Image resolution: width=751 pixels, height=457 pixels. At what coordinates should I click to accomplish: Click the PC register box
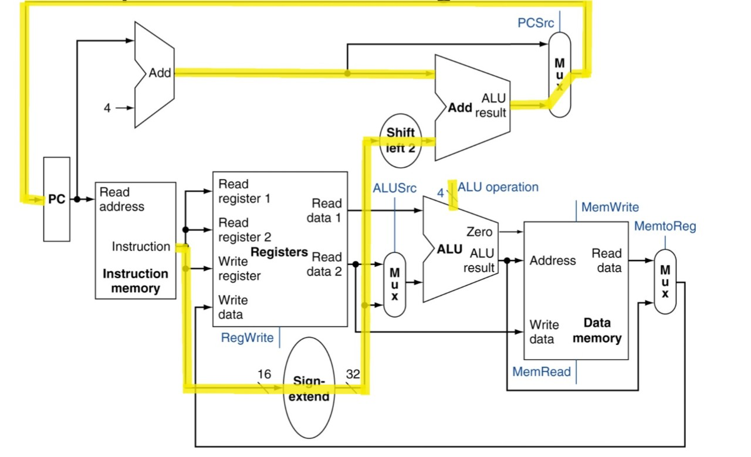[x=57, y=199]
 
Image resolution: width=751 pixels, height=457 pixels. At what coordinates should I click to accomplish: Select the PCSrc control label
[x=536, y=23]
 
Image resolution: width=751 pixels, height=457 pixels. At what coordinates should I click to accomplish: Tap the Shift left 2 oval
[x=400, y=140]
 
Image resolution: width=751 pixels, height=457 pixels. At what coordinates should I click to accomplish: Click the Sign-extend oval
[x=309, y=388]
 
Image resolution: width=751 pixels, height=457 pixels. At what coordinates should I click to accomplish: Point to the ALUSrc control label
[x=395, y=188]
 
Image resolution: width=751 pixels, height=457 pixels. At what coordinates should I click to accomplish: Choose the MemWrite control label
[x=610, y=207]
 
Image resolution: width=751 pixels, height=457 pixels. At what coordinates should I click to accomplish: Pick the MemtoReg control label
[x=665, y=226]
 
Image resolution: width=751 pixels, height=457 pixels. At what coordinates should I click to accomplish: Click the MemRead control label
[x=542, y=371]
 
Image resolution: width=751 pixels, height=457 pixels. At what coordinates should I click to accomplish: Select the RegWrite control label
[x=247, y=338]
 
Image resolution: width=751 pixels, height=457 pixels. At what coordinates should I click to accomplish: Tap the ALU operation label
[x=498, y=187]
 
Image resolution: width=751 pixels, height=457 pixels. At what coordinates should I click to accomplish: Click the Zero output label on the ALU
[x=479, y=232]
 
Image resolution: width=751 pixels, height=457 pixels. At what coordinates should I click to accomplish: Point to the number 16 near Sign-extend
[x=264, y=374]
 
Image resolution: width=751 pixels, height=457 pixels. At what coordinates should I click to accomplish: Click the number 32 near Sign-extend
[x=353, y=374]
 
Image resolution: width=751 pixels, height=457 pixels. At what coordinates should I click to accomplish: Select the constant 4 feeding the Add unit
[x=107, y=108]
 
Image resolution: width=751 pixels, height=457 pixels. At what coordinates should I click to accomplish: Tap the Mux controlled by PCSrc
[x=560, y=75]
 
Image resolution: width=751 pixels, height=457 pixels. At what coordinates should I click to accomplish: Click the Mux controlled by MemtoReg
[x=665, y=282]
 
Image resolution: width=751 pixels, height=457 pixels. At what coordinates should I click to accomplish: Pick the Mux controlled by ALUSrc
[x=395, y=285]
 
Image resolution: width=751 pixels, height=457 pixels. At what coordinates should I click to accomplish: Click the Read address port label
[x=121, y=199]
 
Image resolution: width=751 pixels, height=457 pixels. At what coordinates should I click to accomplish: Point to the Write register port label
[x=239, y=269]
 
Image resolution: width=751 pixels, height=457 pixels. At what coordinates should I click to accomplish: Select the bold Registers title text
[x=279, y=252]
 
